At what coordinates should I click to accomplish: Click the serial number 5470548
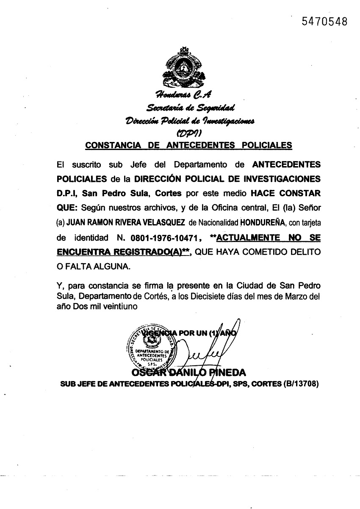click(324, 21)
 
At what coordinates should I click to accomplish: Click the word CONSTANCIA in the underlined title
click(111, 145)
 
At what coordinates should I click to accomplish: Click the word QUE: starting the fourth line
click(66, 208)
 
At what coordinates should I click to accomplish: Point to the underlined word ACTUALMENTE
click(251, 238)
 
